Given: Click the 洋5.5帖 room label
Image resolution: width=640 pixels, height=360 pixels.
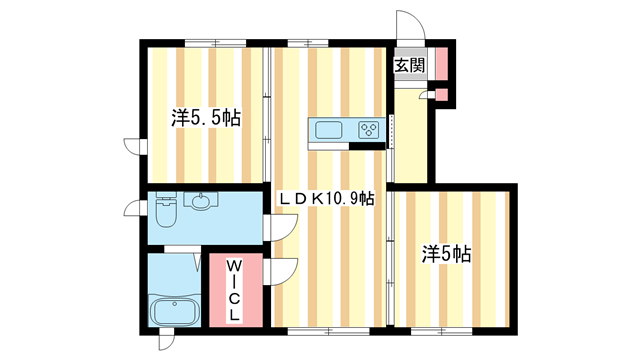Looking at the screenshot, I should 205,118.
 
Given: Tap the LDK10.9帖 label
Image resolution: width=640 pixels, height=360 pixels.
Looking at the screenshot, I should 326,199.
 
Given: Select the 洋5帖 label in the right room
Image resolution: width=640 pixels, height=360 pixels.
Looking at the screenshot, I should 445,254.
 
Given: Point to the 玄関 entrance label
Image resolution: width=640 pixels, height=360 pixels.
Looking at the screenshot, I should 408,67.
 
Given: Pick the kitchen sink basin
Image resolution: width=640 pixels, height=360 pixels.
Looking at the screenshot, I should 329,130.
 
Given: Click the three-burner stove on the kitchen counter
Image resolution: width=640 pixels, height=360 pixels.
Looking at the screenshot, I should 367,130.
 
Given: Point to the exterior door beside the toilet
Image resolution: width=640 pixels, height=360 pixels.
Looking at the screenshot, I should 133,211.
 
